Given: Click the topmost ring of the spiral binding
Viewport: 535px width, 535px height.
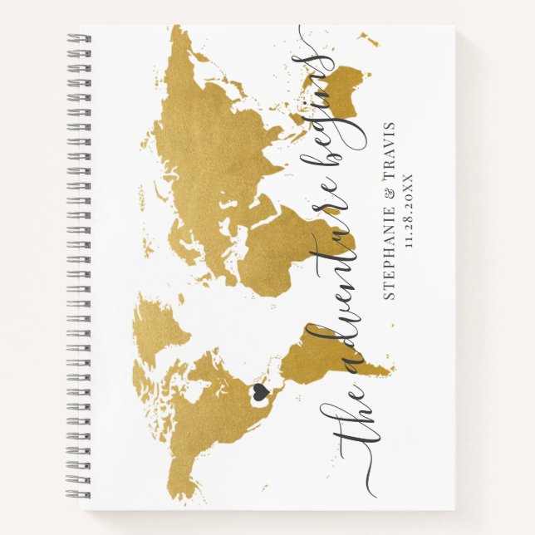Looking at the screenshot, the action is [79, 39].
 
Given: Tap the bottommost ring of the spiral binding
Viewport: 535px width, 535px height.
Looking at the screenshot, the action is [79, 496].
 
